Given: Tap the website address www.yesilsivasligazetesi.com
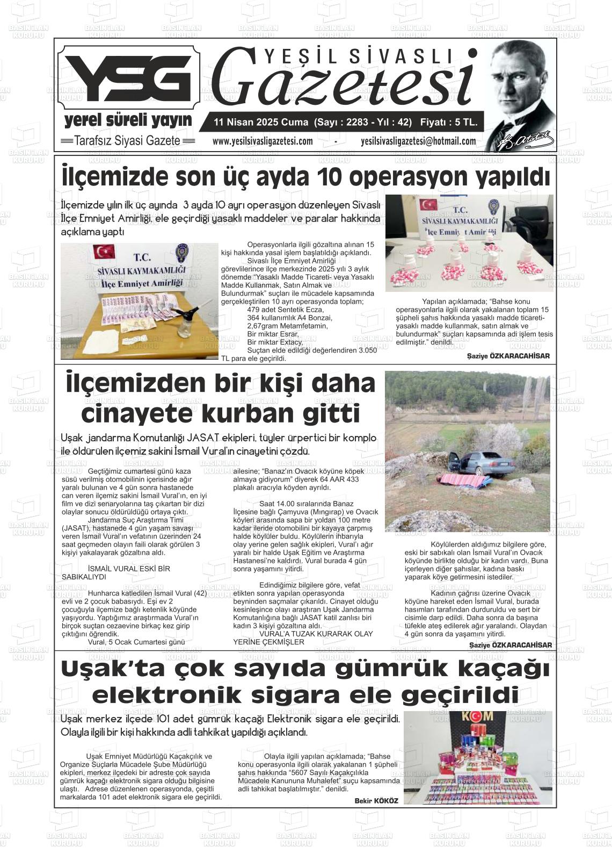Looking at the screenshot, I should click(262, 141).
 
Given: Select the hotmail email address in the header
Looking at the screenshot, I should click(418, 141).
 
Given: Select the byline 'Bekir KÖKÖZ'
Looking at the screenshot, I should click(376, 800).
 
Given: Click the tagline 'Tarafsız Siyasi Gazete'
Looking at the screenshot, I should click(127, 141).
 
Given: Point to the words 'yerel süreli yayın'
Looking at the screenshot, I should click(128, 120).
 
